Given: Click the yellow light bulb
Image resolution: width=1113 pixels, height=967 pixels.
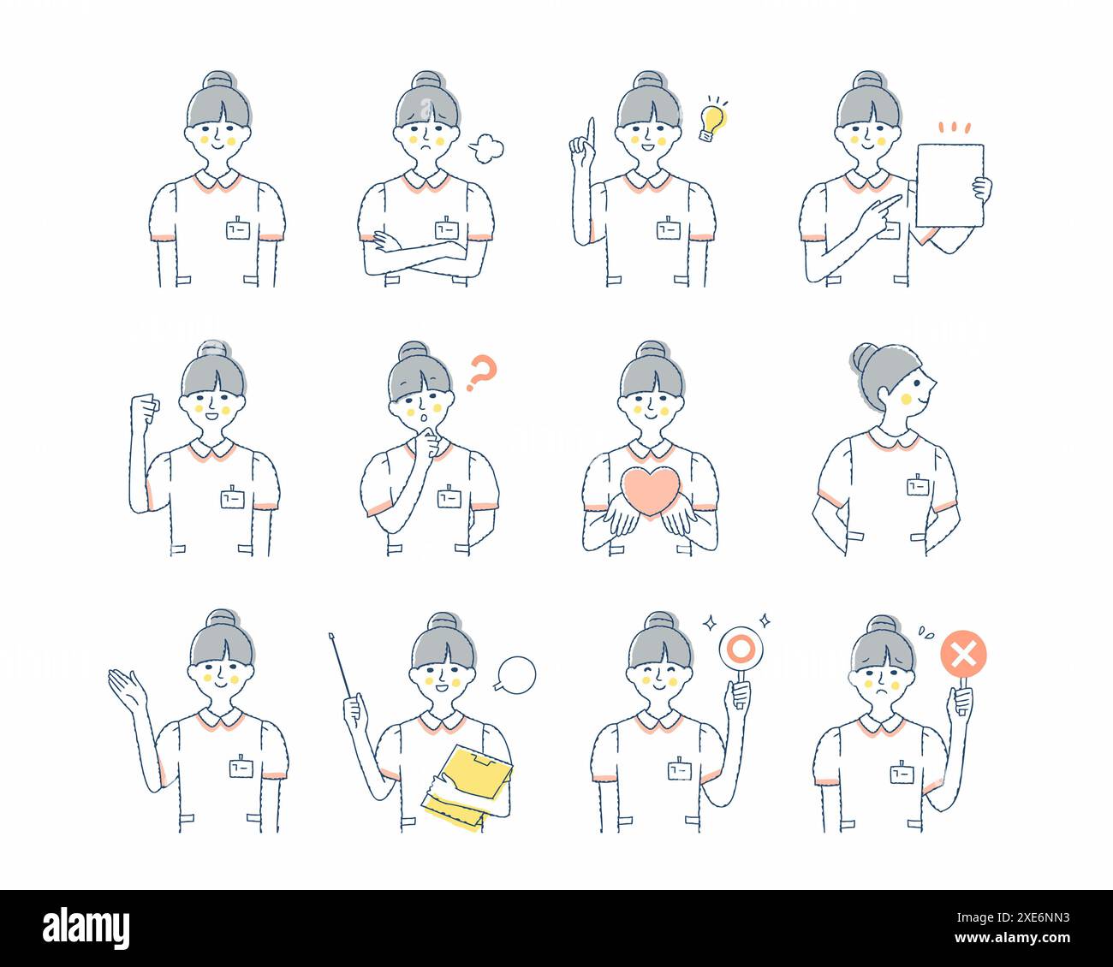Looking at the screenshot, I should pos(711,122).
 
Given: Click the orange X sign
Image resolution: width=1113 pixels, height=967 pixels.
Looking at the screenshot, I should pos(963,656).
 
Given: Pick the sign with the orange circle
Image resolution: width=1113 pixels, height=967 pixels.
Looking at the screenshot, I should pos(735,649).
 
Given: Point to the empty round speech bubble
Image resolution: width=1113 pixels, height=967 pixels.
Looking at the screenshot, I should pos(517,673).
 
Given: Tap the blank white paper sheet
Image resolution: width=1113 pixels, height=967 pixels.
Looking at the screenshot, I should pos(949,185).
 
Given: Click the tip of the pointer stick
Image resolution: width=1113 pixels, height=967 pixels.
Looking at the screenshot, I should pos(331,636).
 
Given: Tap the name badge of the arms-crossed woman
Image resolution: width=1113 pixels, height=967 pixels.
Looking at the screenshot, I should pos(446,229).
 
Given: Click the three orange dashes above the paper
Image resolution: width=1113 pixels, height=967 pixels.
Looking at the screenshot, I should pos(953,128).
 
